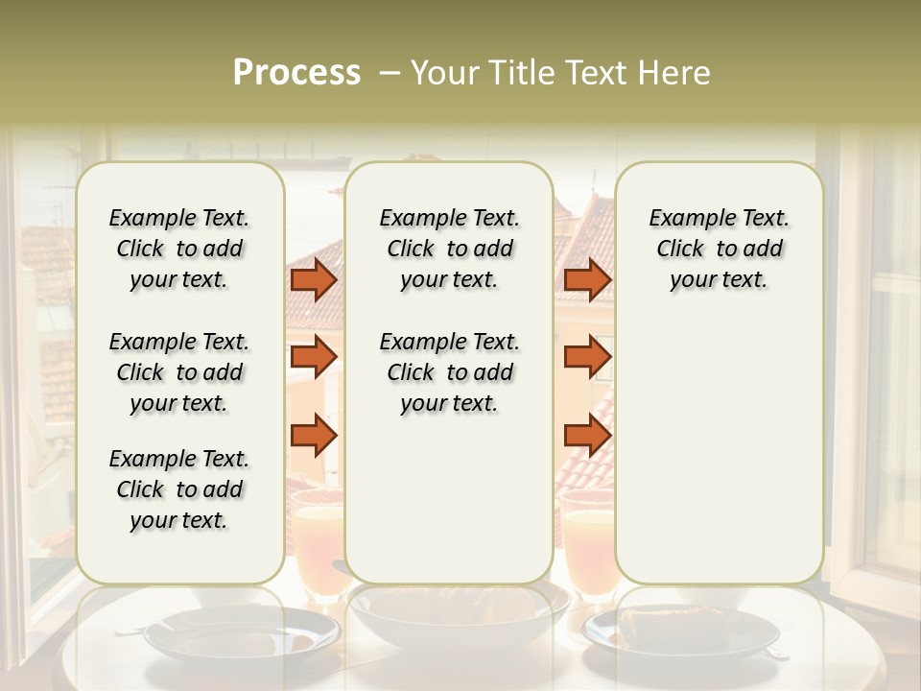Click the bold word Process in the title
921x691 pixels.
(x=296, y=73)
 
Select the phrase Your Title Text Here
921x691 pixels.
(x=560, y=73)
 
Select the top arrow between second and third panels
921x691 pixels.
(x=587, y=279)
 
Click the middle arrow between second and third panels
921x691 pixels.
(x=587, y=357)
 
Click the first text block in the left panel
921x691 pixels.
(x=179, y=249)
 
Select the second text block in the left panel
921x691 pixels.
(x=179, y=372)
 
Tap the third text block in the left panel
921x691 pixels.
(x=179, y=489)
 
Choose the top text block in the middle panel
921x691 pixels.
(x=449, y=249)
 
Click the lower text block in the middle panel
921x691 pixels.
(x=449, y=372)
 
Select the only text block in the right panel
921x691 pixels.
(x=719, y=249)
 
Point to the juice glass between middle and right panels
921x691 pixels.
(x=587, y=537)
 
